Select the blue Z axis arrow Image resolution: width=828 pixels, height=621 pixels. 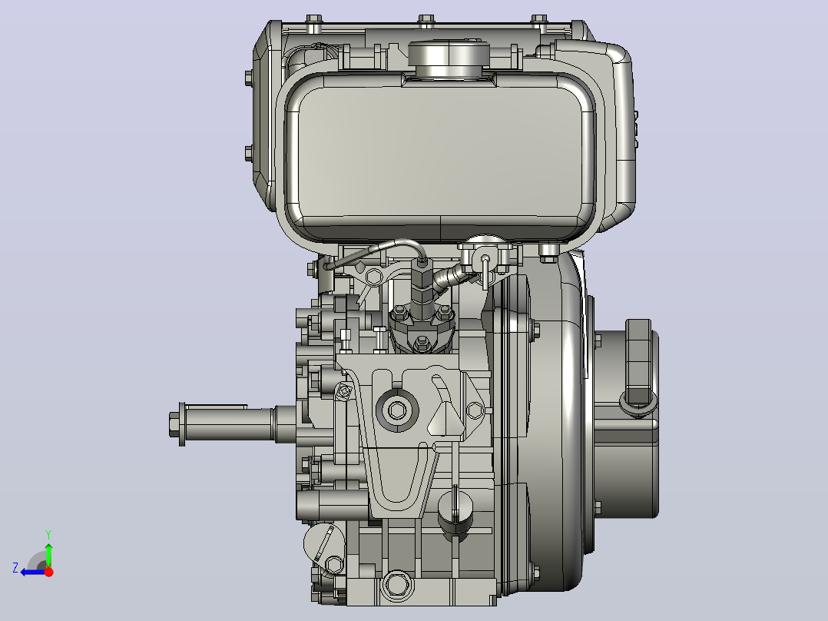click(x=33, y=572)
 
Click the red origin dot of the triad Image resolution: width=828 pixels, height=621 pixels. click(x=48, y=572)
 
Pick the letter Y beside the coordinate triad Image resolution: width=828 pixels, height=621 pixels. click(x=48, y=534)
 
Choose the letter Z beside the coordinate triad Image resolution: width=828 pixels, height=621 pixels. click(x=15, y=568)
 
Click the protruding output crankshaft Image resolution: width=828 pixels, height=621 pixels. click(x=232, y=424)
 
